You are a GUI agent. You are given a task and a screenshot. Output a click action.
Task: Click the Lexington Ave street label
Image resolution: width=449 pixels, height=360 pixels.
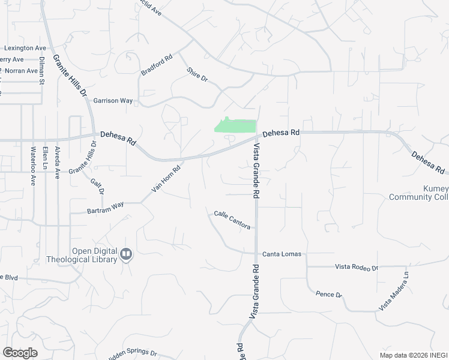[x=25, y=48]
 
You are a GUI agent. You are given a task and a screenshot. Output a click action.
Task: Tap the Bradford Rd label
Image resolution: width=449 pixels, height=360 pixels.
[x=156, y=65]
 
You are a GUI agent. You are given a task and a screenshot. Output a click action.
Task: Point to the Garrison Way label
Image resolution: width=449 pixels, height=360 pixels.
[x=113, y=101]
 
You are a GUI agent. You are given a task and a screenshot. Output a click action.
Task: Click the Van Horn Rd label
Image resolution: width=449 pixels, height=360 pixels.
[x=166, y=179]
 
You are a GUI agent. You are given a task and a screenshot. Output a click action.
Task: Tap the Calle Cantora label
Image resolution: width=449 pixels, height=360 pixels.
[x=232, y=218]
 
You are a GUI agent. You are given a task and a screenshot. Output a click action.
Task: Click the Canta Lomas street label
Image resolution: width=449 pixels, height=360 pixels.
[x=282, y=254]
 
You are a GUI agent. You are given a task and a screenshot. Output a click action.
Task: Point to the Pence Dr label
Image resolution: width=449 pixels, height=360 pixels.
[x=328, y=295]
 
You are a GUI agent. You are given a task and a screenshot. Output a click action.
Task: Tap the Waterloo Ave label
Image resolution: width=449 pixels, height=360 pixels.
[x=34, y=163]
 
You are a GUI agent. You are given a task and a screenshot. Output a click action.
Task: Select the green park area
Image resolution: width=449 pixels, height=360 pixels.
[x=235, y=125]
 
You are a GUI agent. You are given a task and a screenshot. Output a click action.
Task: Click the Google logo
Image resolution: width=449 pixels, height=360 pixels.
[x=20, y=353]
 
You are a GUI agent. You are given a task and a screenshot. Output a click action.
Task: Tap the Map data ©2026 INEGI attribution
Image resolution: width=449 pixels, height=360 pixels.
[x=413, y=355]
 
